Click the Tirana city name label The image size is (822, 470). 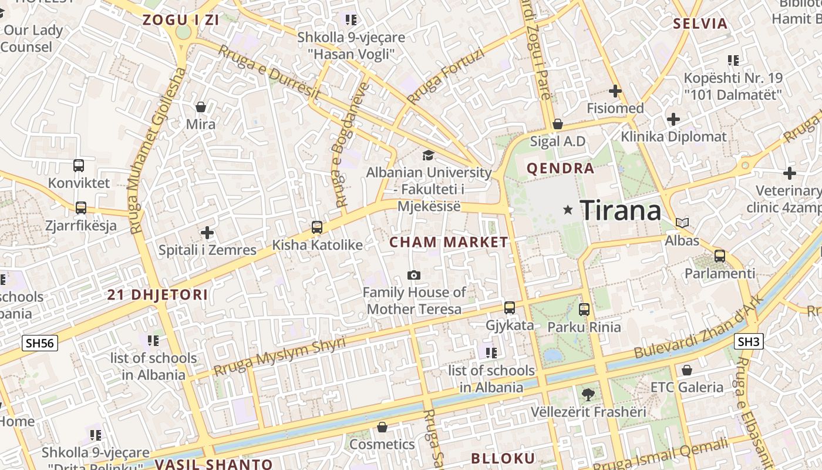621,210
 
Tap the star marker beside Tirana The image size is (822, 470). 568,210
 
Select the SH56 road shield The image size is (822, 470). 40,343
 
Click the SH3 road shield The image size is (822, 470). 749,341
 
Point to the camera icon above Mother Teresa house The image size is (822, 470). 414,275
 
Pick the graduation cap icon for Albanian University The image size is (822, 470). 429,155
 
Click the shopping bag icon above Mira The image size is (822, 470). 201,107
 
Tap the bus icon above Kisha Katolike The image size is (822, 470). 317,227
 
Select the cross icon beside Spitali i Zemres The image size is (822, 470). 207,233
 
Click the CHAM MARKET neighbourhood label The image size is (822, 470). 449,242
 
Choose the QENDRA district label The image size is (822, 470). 560,169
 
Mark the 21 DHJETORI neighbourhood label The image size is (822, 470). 157,295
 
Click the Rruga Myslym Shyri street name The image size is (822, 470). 279,357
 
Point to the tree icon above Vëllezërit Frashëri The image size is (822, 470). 588,394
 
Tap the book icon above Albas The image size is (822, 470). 682,223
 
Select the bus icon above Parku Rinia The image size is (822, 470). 584,309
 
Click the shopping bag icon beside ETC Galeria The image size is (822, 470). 686,370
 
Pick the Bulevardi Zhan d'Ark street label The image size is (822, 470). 699,327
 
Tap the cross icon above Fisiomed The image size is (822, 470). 615,91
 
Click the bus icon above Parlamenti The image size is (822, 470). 720,256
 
